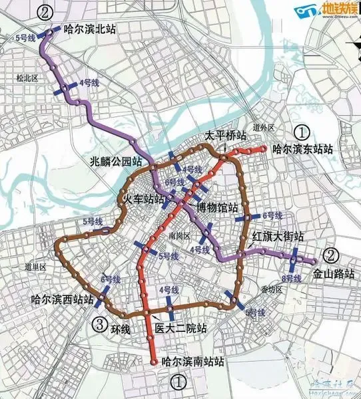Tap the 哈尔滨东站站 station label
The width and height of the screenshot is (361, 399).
click(303, 150)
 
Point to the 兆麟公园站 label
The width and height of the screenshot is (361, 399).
click(118, 161)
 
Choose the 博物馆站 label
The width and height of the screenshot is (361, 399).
click(218, 207)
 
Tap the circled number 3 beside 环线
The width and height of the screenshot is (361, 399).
click(98, 325)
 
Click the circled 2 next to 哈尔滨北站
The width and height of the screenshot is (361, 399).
click(45, 11)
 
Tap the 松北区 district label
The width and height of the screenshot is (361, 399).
click(27, 78)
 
